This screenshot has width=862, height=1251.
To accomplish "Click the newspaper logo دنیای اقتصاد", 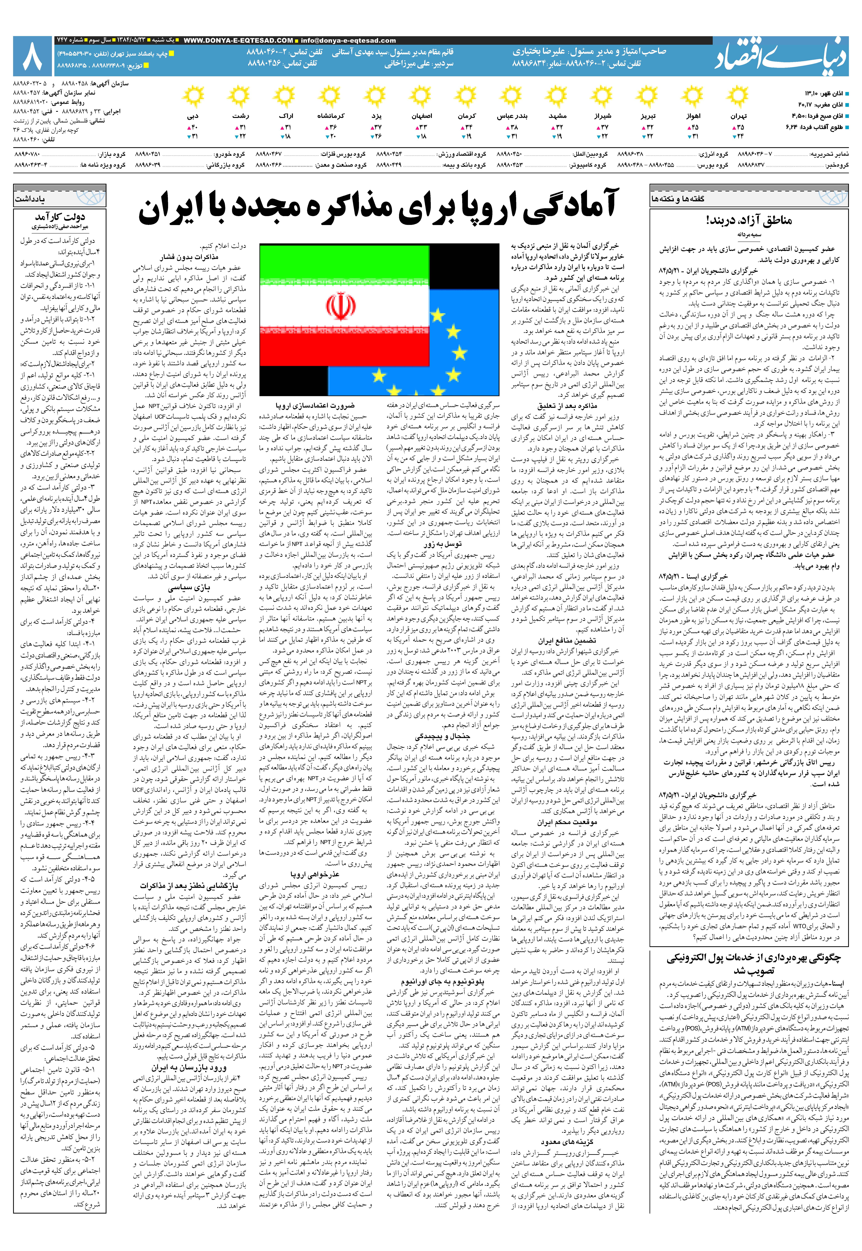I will [x=782, y=56].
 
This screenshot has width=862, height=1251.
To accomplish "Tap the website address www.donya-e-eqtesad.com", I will [x=238, y=41].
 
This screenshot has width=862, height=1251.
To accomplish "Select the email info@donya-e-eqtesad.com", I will [x=348, y=41].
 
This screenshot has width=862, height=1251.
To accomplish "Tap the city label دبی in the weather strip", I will [x=193, y=116].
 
